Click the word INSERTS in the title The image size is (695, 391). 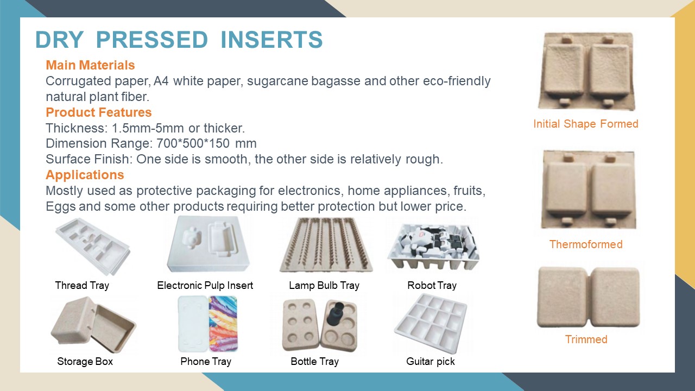pos(272,40)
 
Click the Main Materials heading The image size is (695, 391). pos(90,65)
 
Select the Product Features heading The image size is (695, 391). pos(99,112)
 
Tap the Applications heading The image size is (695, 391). pos(85,175)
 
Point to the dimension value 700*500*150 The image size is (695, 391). pos(193,144)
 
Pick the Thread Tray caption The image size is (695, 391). pos(82,286)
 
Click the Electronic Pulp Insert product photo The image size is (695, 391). pos(208,244)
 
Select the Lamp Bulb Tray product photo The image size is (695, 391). pos(326,244)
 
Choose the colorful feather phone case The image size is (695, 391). pos(223,324)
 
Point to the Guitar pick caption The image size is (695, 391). pos(431,362)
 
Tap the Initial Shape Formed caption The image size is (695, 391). pos(586,124)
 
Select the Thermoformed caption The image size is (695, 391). pos(586,244)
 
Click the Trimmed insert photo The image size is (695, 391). pos(588,297)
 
